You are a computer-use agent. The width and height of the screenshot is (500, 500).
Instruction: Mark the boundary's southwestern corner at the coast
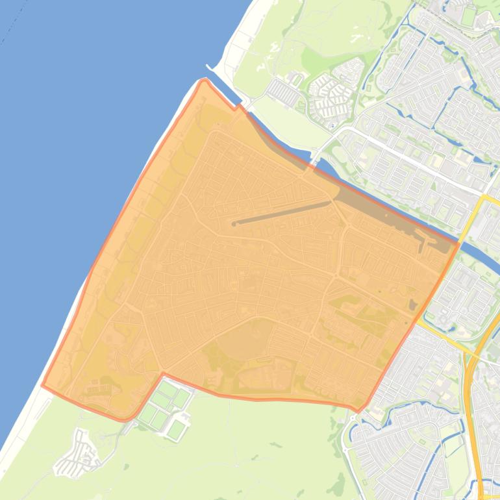tap(43, 385)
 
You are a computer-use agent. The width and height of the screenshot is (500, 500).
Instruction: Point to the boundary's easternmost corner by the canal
tap(458, 244)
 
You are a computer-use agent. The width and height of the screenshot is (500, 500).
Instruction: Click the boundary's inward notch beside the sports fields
tap(162, 374)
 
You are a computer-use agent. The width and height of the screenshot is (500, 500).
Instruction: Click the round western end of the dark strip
tap(234, 224)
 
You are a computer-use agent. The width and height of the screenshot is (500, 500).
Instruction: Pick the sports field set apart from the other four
tap(177, 429)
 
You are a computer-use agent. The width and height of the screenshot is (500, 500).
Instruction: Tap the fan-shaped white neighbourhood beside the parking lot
tap(332, 95)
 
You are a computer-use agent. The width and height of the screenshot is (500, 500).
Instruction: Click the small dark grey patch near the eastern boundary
tap(413, 304)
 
